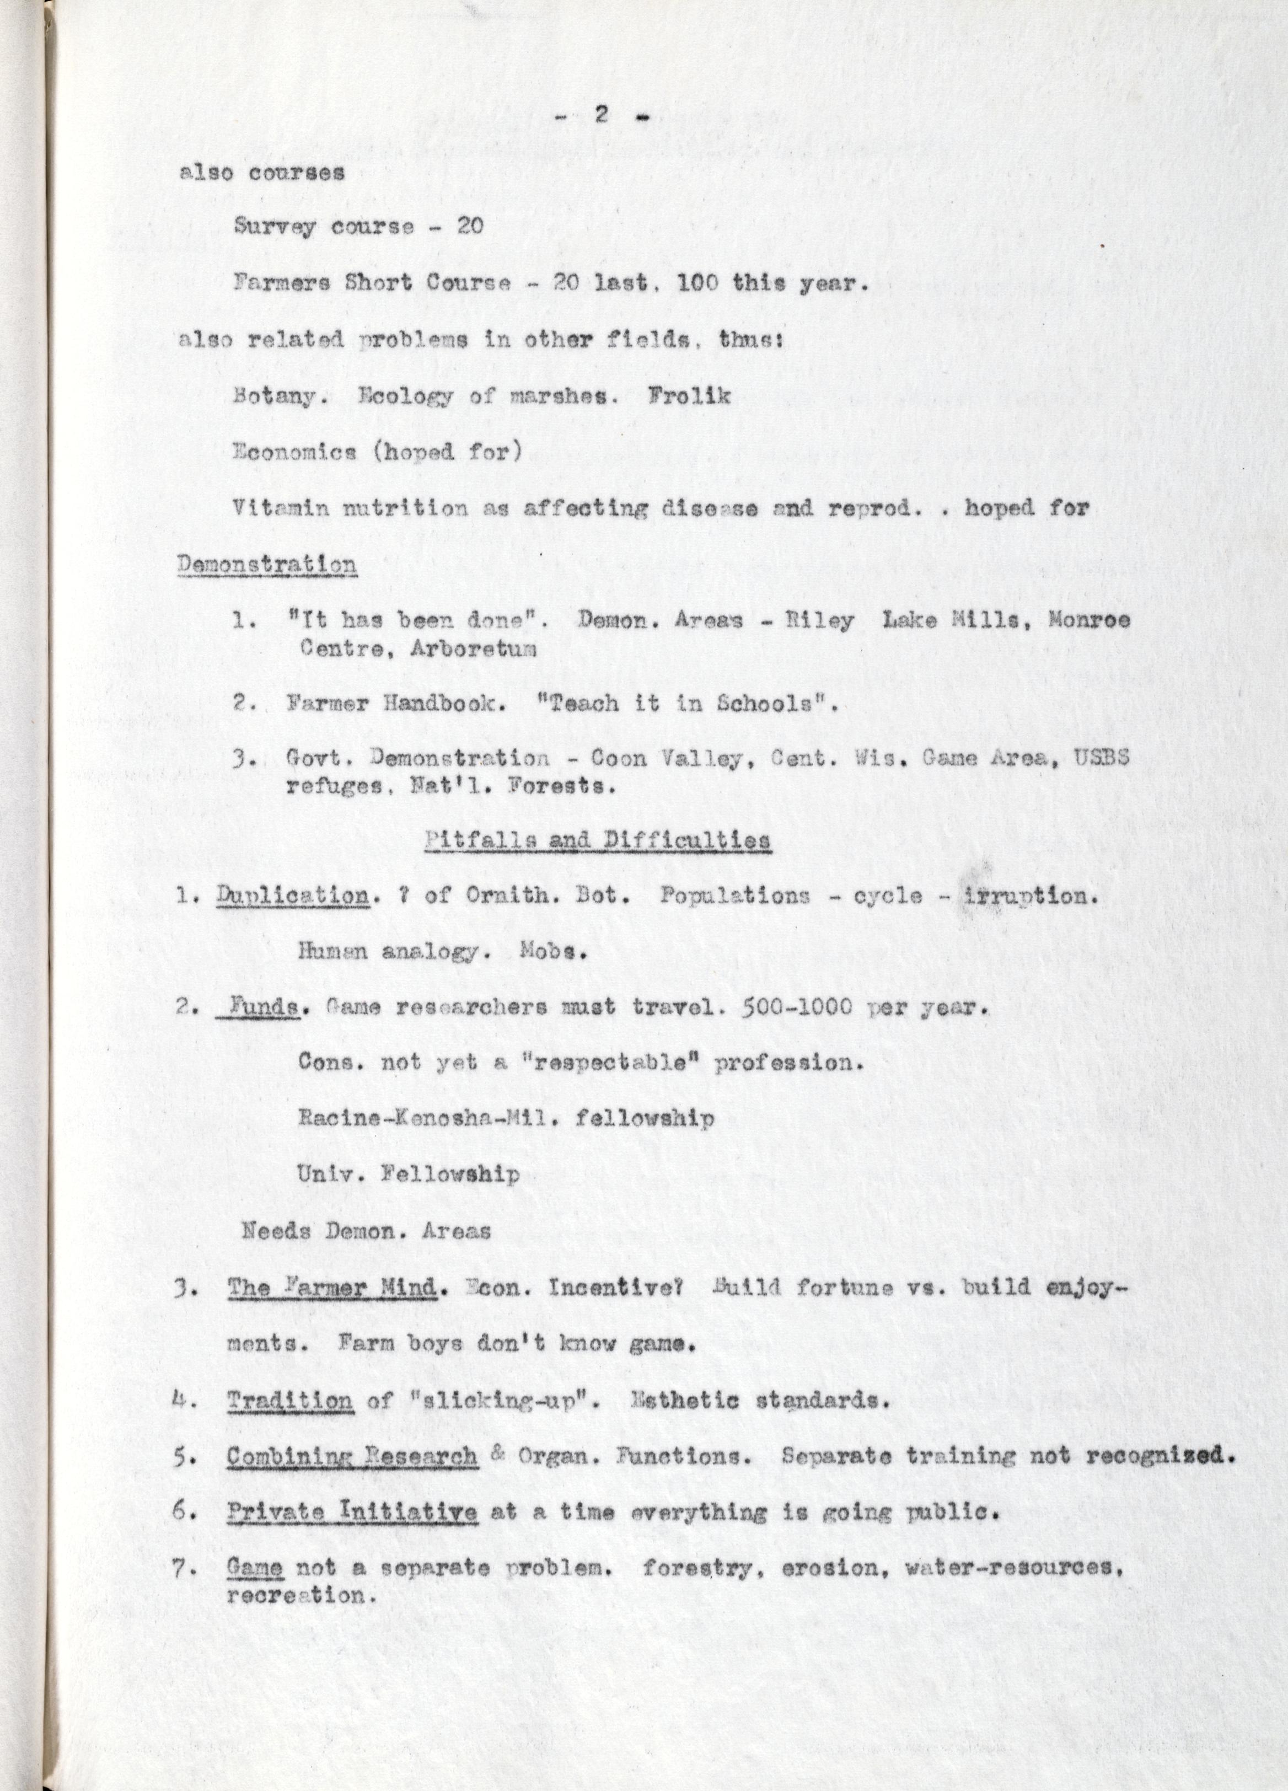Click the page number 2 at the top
pyautogui.click(x=600, y=115)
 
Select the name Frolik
pyautogui.click(x=689, y=395)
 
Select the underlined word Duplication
pyautogui.click(x=292, y=896)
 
